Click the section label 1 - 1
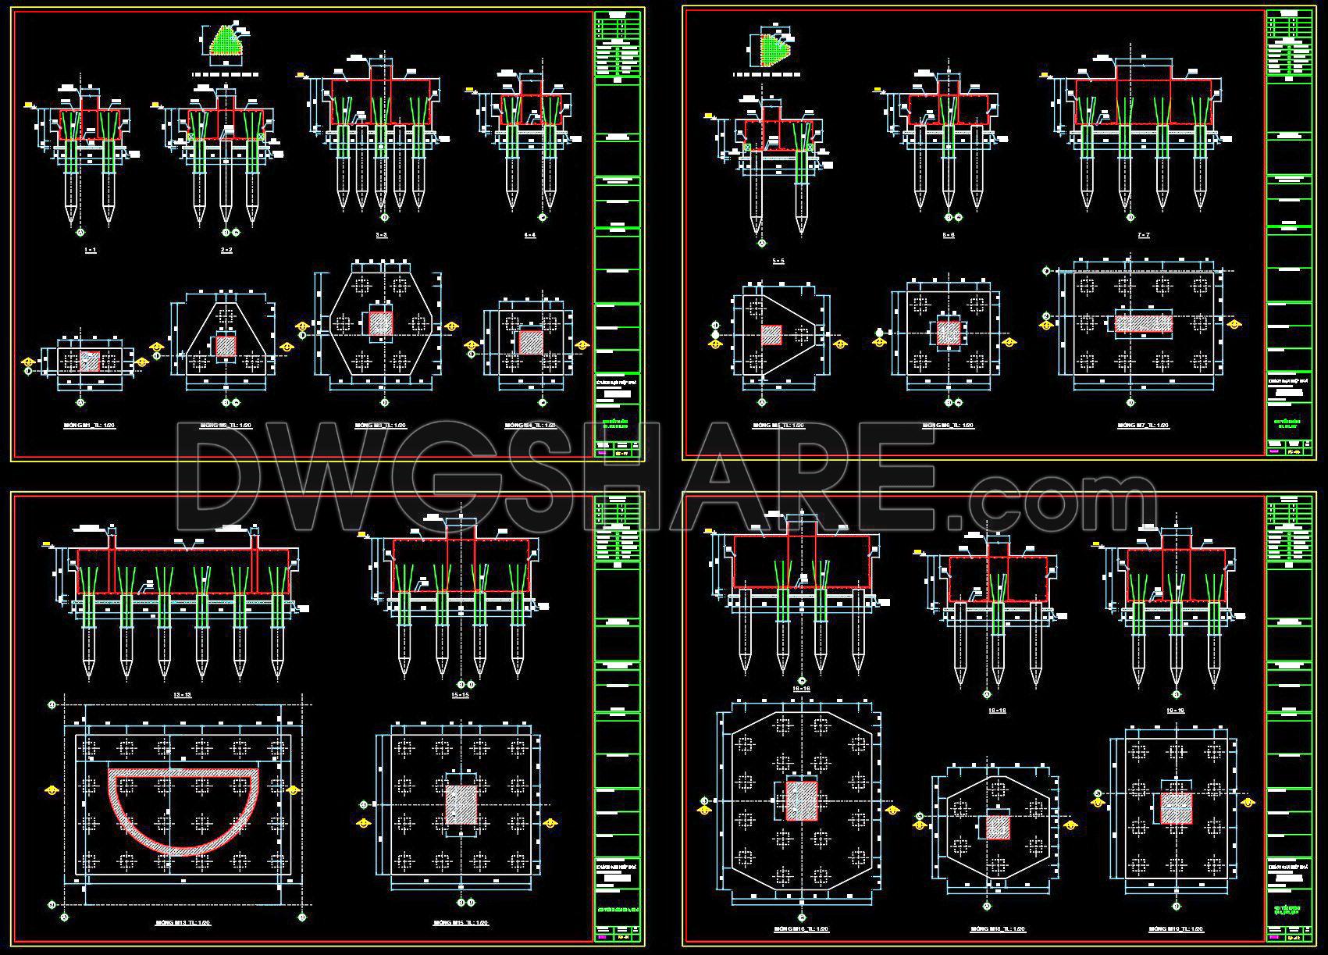(x=90, y=249)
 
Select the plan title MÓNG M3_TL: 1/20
(x=379, y=426)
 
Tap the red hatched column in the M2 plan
(x=226, y=345)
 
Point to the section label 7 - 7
(x=1144, y=235)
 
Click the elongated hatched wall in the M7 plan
(x=1144, y=323)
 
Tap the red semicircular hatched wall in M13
(x=183, y=812)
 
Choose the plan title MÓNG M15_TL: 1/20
(x=461, y=922)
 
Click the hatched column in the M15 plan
(x=461, y=805)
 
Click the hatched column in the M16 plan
(x=801, y=800)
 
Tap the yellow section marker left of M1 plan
(x=27, y=362)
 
